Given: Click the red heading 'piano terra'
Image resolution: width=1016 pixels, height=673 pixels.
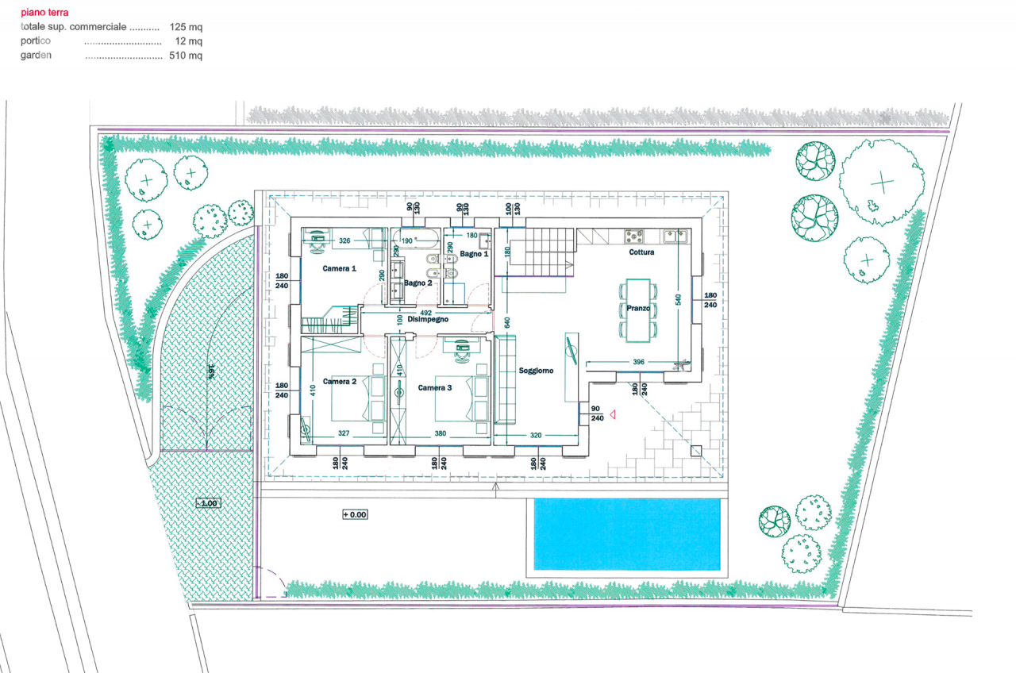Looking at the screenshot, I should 44,13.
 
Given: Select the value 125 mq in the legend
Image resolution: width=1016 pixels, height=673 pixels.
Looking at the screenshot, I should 187,27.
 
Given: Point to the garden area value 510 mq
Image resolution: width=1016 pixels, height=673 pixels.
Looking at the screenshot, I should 187,56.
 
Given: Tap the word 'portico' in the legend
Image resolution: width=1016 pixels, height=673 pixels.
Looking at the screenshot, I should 36,41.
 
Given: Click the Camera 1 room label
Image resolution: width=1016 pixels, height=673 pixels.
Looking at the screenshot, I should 339,269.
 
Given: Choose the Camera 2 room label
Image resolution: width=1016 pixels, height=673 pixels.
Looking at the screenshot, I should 339,382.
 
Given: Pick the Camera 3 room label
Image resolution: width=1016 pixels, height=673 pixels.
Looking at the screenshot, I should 435,387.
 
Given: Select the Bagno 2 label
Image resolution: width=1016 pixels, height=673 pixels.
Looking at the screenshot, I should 418,283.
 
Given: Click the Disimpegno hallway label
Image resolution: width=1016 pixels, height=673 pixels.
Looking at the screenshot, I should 429,319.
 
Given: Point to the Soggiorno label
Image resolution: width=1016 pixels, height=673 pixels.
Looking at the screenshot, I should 536,371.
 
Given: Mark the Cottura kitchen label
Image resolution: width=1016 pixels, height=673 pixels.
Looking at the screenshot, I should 641,252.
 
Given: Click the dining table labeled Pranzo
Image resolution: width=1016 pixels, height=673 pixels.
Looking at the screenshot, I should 638,309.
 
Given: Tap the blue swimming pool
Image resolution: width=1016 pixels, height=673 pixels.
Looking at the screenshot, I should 627,534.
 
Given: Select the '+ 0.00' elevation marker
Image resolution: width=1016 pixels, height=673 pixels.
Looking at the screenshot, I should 355,514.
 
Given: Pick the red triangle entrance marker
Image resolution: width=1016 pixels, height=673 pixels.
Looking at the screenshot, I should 613,413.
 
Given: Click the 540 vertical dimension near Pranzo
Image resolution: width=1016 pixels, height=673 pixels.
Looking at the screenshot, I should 677,300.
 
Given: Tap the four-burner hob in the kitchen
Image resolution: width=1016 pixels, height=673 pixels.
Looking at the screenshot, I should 634,236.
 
